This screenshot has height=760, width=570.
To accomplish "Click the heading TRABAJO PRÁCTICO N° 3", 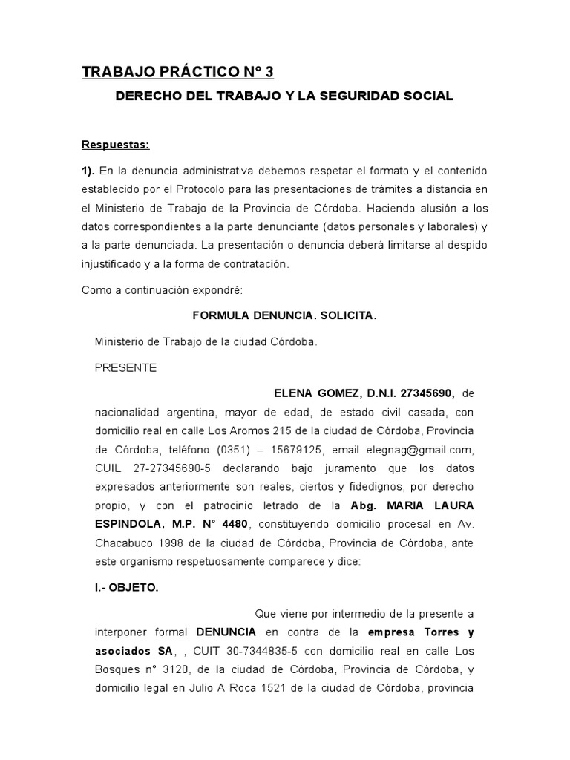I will [x=177, y=72].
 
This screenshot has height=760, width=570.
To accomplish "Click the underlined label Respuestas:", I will [x=115, y=144].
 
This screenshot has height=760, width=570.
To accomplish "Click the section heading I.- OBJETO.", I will [x=126, y=586].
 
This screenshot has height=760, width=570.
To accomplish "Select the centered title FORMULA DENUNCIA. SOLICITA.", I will [x=285, y=315].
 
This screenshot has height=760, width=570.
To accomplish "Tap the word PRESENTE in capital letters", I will [x=125, y=367].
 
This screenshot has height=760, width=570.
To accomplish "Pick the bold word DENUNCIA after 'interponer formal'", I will [x=226, y=632].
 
